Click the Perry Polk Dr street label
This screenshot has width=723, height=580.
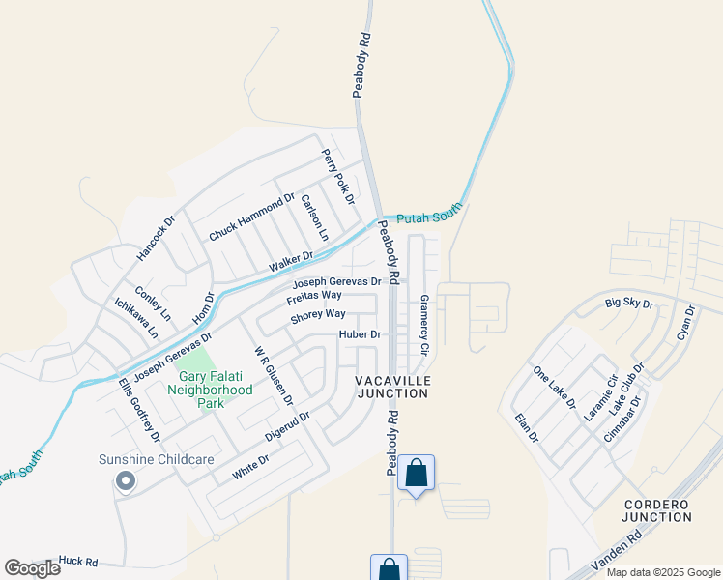tap(338, 175)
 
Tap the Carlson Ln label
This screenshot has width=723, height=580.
tap(315, 217)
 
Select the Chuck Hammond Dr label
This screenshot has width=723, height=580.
tap(251, 217)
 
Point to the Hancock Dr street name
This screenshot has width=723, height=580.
tap(156, 238)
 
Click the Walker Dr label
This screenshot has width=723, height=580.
tap(291, 261)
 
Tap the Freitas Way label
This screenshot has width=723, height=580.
tap(314, 295)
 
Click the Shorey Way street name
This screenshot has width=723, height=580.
tap(318, 314)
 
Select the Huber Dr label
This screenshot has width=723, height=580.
tap(361, 334)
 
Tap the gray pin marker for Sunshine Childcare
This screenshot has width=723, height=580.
tap(124, 480)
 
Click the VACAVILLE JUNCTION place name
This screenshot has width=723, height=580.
tap(391, 387)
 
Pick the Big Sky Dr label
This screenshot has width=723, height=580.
tap(629, 304)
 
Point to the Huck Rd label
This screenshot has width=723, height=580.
tap(77, 560)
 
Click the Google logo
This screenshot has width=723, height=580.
tap(33, 567)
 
